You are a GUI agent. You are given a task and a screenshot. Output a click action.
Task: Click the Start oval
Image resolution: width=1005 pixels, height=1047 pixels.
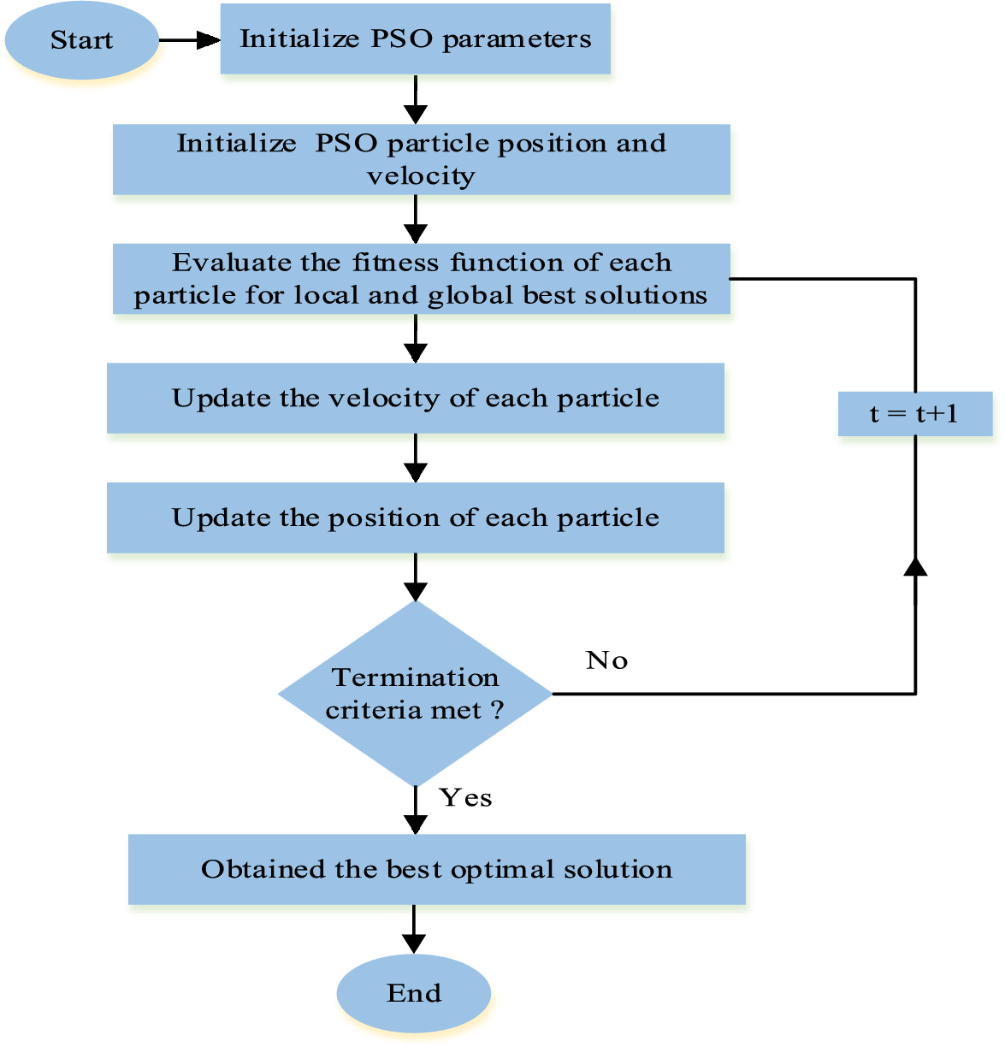pyautogui.click(x=81, y=40)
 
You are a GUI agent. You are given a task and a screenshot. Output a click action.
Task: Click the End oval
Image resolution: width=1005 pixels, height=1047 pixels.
pyautogui.click(x=414, y=993)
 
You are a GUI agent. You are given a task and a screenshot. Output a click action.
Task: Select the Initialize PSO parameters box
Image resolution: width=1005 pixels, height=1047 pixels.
pyautogui.click(x=415, y=39)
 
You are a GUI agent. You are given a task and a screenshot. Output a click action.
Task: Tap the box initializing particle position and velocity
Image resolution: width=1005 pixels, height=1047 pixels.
pyautogui.click(x=421, y=160)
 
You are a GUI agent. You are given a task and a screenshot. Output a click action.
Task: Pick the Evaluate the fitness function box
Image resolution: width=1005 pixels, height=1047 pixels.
pyautogui.click(x=421, y=279)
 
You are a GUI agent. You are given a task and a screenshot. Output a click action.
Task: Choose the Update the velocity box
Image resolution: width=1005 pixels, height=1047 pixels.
pyautogui.click(x=415, y=399)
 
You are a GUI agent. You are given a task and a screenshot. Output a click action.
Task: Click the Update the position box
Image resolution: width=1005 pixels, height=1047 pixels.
pyautogui.click(x=415, y=518)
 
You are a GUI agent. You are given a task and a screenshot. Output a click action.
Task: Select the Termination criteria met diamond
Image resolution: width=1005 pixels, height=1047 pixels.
pyautogui.click(x=415, y=694)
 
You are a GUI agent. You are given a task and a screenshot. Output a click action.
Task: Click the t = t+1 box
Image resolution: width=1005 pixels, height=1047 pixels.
pyautogui.click(x=914, y=414)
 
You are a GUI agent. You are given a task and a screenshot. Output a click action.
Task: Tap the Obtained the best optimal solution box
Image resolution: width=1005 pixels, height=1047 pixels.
pyautogui.click(x=436, y=870)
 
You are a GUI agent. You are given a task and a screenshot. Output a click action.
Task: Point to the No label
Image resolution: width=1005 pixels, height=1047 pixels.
pyautogui.click(x=606, y=660)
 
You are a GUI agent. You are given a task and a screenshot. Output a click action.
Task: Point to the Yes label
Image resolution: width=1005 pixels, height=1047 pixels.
pyautogui.click(x=465, y=798)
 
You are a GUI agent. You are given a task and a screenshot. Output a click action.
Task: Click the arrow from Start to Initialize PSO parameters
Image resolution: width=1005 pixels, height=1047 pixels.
pyautogui.click(x=190, y=40)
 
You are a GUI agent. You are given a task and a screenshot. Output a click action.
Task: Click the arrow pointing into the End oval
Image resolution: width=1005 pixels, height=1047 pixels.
pyautogui.click(x=414, y=931)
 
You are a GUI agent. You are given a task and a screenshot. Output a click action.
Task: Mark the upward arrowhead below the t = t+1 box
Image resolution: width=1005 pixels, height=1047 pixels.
pyautogui.click(x=915, y=567)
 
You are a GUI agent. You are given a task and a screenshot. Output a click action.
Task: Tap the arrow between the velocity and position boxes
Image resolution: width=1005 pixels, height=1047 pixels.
pyautogui.click(x=415, y=458)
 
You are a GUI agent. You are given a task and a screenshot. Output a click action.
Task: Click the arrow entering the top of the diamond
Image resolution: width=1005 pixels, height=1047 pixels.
pyautogui.click(x=415, y=578)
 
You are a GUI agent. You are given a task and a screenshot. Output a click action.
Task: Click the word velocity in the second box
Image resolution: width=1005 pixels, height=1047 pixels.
pyautogui.click(x=421, y=176)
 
